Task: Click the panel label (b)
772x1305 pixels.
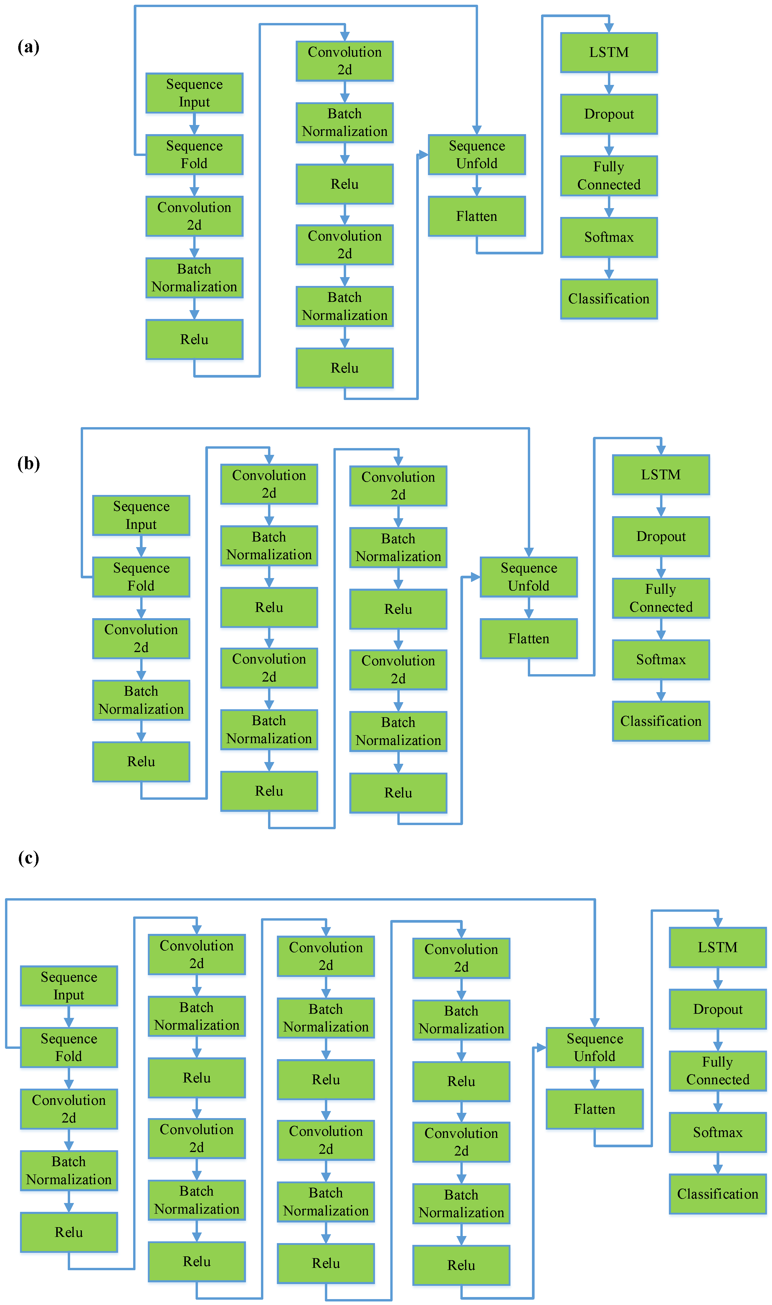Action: [29, 463]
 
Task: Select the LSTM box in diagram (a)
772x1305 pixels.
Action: [609, 52]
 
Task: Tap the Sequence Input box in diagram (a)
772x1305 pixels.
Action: [194, 93]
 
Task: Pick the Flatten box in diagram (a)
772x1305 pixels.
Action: [477, 216]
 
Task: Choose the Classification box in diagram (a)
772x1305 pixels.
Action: [609, 299]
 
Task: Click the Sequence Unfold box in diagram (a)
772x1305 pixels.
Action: [477, 154]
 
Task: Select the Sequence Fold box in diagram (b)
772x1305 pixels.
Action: [141, 577]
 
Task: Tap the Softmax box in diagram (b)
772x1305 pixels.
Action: [661, 659]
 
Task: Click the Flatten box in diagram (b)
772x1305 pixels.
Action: [528, 639]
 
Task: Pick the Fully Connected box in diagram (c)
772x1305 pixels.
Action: [718, 1071]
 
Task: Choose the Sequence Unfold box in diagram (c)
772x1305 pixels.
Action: [595, 1047]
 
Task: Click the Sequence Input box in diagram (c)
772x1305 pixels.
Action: [69, 986]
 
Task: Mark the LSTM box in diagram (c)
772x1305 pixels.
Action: [718, 947]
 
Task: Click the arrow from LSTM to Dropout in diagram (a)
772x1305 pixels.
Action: [609, 83]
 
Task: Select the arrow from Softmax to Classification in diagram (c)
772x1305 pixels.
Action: [718, 1163]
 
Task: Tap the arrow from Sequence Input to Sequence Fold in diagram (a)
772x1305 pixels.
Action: [194, 124]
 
